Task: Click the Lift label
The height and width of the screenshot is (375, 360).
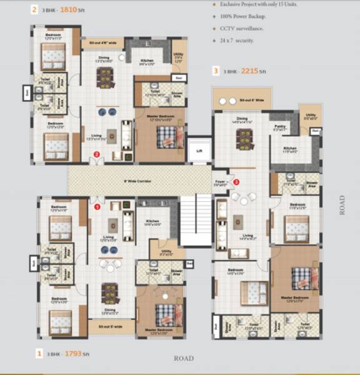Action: point(199,151)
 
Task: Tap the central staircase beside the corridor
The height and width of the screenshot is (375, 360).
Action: point(194,219)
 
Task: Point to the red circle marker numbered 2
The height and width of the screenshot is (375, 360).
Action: point(96,154)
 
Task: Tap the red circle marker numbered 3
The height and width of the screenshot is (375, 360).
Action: point(236,182)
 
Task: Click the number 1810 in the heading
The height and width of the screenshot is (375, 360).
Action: point(61,9)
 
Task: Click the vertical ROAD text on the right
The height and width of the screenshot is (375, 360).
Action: point(342,205)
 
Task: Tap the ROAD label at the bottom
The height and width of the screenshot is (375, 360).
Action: point(183,359)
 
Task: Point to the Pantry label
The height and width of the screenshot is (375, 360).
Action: point(279,126)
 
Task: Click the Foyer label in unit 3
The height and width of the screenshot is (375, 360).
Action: point(220,183)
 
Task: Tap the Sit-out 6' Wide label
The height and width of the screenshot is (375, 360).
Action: point(252,100)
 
